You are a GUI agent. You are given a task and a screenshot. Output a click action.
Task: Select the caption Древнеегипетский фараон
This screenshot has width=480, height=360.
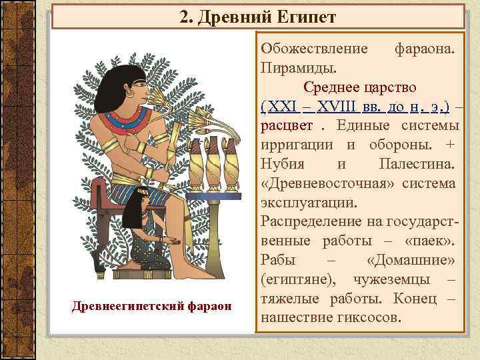151,306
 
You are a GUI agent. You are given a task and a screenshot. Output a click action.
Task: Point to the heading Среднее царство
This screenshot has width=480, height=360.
360,87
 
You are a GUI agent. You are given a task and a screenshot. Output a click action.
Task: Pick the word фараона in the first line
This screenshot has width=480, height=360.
425,49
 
